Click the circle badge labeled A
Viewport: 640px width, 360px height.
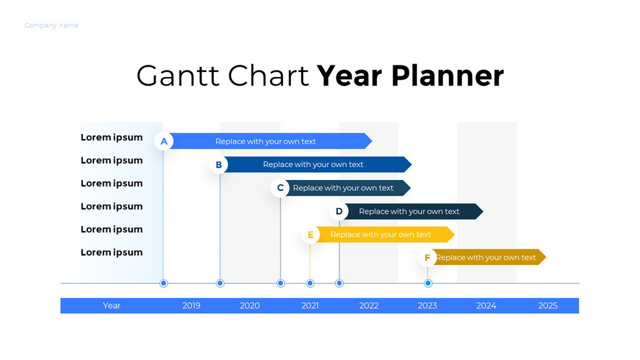point(164,141)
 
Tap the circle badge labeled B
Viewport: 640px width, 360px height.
point(219,164)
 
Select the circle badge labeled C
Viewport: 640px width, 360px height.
point(280,188)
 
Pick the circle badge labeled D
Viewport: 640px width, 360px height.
point(339,211)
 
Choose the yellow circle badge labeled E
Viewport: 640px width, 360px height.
point(310,234)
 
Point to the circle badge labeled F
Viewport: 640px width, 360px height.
point(428,258)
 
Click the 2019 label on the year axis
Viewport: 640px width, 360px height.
point(191,306)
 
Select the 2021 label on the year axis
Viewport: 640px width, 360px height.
point(310,306)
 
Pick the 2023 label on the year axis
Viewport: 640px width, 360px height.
point(428,306)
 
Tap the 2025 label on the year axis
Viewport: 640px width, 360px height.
point(547,306)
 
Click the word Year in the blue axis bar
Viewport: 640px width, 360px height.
point(111,306)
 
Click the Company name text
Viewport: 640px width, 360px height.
point(51,25)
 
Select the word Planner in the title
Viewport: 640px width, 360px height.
point(447,76)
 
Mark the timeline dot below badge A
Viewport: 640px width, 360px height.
point(164,283)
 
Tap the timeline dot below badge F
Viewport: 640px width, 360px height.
point(428,283)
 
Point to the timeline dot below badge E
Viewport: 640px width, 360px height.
point(310,283)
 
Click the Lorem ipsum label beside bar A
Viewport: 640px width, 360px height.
point(111,137)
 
